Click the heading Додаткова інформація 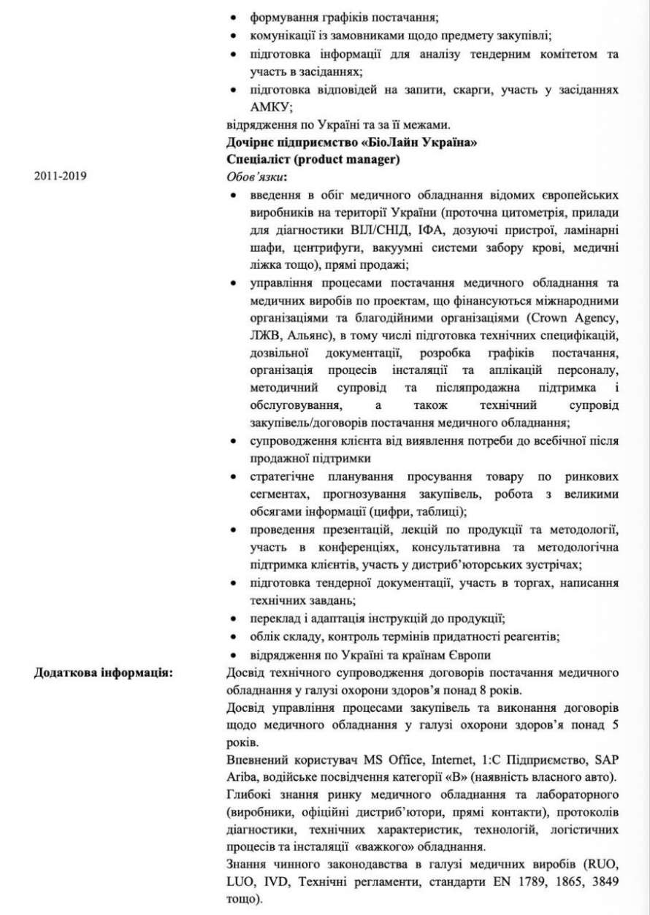click(103, 673)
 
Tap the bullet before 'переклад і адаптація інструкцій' click(233, 619)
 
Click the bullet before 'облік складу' click(233, 637)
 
